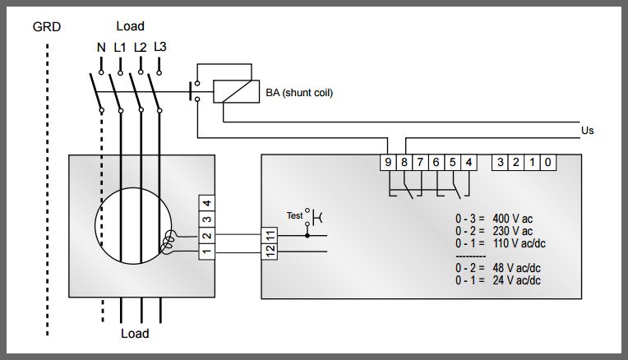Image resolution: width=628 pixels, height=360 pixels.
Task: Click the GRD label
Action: point(46,26)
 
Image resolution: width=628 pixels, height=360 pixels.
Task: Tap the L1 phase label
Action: point(120,48)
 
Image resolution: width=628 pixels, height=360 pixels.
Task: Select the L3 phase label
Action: point(160,47)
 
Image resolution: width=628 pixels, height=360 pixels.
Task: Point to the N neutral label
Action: point(101,48)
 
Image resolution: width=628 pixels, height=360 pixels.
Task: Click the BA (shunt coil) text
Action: point(299,92)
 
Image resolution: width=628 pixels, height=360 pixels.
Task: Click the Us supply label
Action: point(587,131)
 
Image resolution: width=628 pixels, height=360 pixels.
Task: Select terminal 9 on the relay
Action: point(388,163)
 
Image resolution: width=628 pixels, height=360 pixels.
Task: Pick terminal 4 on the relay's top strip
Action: point(469,163)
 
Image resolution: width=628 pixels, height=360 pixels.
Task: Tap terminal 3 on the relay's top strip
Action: point(500,163)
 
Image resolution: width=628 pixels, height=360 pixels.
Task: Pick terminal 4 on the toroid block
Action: point(208,203)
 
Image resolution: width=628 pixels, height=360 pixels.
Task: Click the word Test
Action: point(294,216)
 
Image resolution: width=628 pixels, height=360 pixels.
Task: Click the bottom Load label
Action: point(135,334)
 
